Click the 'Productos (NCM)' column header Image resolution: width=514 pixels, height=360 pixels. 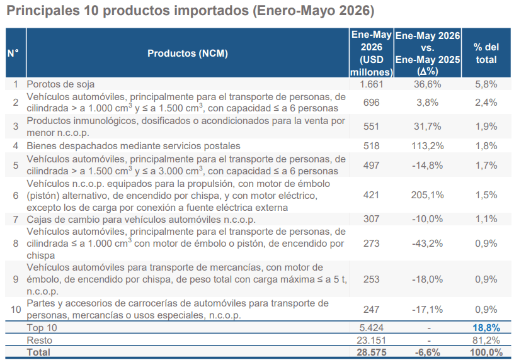coord(188,53)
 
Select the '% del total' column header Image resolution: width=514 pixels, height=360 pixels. coord(486,53)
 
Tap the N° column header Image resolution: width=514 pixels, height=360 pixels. coord(13,53)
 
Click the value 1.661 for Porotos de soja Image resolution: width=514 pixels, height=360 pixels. coord(372,84)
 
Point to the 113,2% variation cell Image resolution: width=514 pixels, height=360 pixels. coord(428,146)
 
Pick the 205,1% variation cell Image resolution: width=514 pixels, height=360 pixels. coord(428,195)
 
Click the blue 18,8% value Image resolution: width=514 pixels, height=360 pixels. coord(486,327)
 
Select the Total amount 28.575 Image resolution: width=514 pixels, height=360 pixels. coord(372,352)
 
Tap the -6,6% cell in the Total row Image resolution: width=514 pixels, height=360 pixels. coord(428,352)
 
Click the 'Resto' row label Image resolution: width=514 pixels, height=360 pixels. coord(39,340)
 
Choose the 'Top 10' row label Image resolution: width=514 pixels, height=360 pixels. coord(42,327)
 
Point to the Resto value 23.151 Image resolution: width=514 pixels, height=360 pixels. coord(372,340)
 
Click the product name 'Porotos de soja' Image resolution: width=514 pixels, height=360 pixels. coord(60,84)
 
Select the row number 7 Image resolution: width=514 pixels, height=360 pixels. coord(15,219)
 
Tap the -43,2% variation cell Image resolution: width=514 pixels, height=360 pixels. coord(428,244)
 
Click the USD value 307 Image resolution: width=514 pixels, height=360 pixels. coord(372,219)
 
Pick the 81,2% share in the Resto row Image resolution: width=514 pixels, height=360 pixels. coord(486,340)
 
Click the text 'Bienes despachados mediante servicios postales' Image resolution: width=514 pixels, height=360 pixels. coord(134,146)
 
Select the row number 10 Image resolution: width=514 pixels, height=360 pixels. coord(15,309)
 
